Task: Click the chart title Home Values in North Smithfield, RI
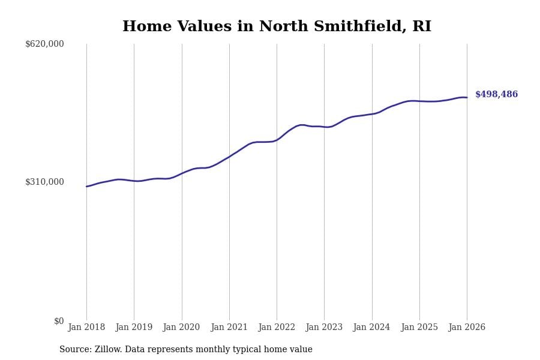pos(277,27)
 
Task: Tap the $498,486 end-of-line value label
pos(496,95)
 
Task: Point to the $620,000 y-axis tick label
pos(44,44)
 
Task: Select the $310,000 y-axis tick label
pos(44,182)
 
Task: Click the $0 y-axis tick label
pos(59,321)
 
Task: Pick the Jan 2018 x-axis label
pos(86,328)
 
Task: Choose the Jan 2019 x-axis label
pos(134,328)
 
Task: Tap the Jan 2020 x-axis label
pos(181,328)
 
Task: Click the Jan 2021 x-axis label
pos(229,328)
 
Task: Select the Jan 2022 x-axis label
pos(277,328)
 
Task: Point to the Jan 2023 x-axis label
pos(324,328)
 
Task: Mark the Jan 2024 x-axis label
pos(371,328)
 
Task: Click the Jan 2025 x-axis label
pos(419,328)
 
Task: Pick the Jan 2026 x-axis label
pos(467,328)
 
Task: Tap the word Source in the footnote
pos(75,350)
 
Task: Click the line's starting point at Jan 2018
pos(86,187)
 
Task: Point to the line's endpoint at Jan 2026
pos(467,97)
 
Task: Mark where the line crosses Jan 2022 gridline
pos(277,140)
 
